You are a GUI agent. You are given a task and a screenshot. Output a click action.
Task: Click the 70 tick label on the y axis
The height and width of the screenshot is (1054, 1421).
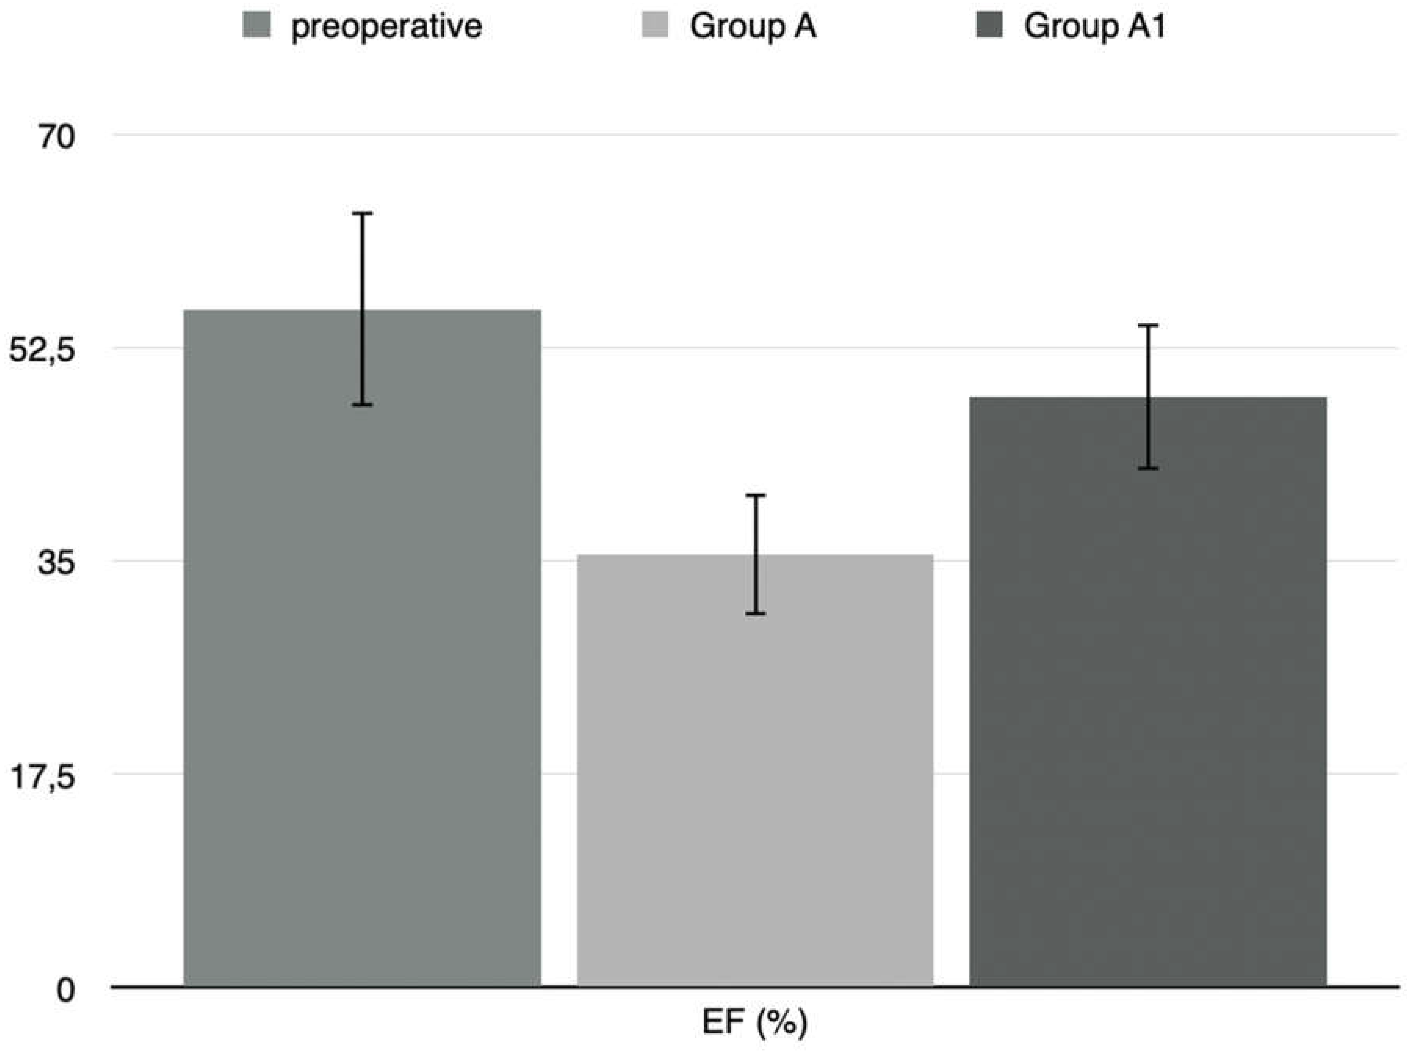[56, 137]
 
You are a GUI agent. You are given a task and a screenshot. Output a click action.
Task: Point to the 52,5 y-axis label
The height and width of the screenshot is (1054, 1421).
[42, 350]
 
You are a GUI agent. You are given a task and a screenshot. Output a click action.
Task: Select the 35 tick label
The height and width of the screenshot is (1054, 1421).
[56, 563]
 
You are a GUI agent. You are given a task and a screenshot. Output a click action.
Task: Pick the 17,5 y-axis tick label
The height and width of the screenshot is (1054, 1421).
[42, 776]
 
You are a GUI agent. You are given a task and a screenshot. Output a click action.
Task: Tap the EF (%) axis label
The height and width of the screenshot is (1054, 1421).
[755, 1023]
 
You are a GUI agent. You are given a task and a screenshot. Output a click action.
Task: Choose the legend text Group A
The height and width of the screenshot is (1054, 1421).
[752, 27]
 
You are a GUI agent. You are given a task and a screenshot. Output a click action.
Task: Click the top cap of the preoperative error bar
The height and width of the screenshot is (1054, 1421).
[362, 213]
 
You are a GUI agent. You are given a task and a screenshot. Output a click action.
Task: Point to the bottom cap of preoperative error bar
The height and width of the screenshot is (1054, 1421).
[362, 405]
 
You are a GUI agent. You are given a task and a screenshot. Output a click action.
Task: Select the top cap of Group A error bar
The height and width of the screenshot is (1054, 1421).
[756, 495]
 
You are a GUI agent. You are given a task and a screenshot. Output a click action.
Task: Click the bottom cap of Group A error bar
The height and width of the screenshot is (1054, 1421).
[756, 613]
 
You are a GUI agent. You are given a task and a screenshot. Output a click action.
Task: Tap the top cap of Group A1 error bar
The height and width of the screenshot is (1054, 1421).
[1148, 326]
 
